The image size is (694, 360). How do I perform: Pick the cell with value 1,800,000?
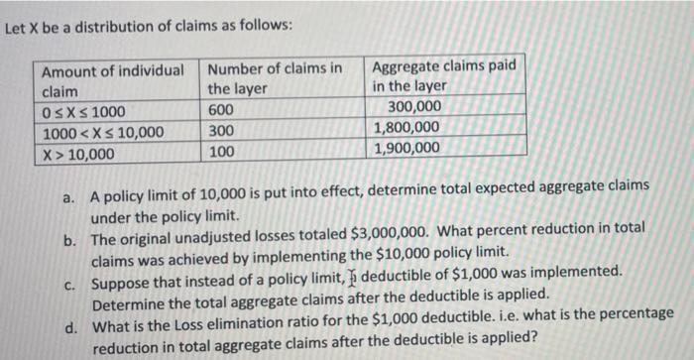[x=406, y=127]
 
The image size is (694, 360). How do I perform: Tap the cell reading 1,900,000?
[x=406, y=149]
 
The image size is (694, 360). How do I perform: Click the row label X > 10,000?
[x=78, y=154]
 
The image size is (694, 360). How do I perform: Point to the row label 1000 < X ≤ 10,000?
[x=102, y=133]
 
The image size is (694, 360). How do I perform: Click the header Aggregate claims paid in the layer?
[x=443, y=76]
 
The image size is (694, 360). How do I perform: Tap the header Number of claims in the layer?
[x=276, y=78]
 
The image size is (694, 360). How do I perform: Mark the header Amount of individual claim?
[x=111, y=79]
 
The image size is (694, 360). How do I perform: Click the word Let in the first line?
[x=16, y=27]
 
